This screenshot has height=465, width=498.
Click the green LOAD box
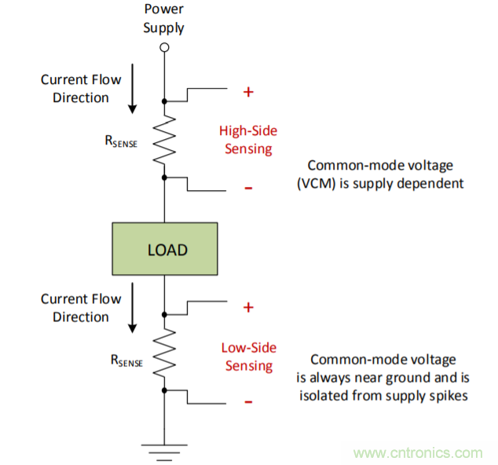(164, 250)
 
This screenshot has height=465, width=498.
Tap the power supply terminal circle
(164, 48)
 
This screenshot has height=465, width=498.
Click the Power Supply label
(164, 20)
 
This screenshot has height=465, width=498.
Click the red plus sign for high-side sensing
(248, 92)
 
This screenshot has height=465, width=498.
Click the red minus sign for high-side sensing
(248, 188)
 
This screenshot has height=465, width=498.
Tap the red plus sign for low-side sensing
(248, 307)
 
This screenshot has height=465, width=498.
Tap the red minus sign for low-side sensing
(248, 401)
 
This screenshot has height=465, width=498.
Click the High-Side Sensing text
(248, 140)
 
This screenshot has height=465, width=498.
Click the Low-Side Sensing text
(248, 357)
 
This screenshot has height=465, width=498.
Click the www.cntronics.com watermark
(417, 453)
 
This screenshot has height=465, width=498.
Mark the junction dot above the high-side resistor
(164, 101)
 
